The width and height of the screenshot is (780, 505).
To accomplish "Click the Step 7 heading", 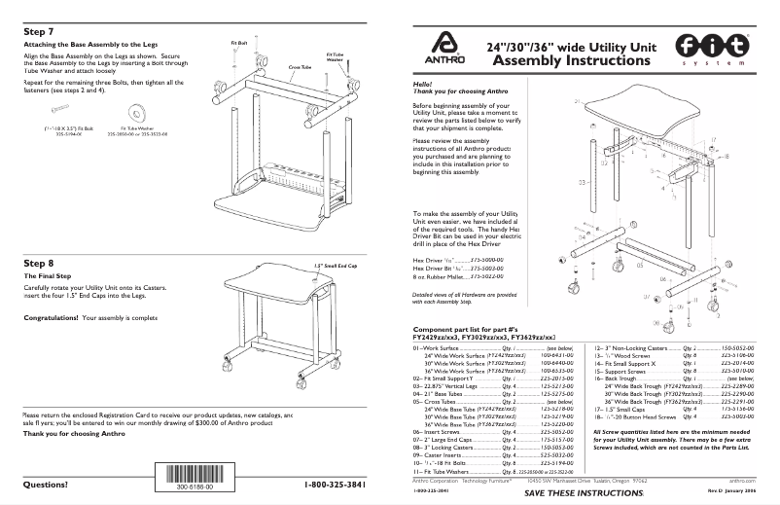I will [38, 31].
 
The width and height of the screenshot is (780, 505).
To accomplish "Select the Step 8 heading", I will [38, 263].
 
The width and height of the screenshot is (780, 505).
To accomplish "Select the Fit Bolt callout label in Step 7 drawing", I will [239, 44].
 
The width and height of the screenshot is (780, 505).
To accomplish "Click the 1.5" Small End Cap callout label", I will [336, 265].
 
